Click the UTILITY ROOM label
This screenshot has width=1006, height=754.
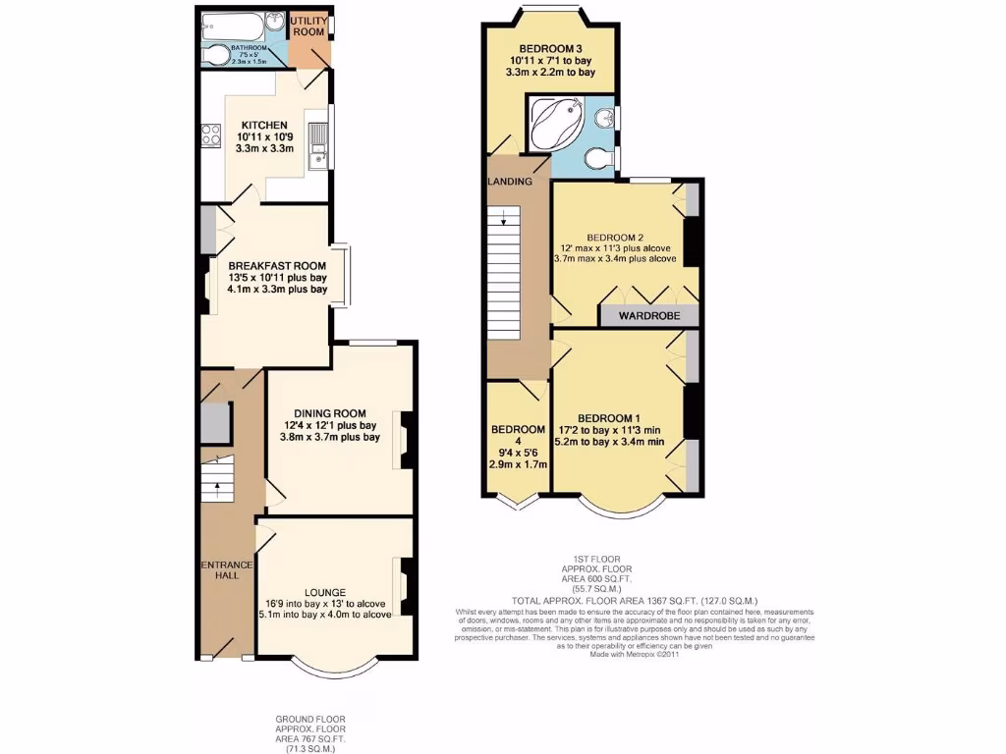(307, 27)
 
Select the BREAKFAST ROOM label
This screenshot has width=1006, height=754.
(276, 266)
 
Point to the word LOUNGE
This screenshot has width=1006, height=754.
(324, 592)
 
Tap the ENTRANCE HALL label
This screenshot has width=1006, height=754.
(227, 570)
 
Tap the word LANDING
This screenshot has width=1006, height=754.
(510, 182)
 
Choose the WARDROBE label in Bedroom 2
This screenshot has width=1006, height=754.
(649, 316)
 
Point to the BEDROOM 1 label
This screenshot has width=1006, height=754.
(608, 416)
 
